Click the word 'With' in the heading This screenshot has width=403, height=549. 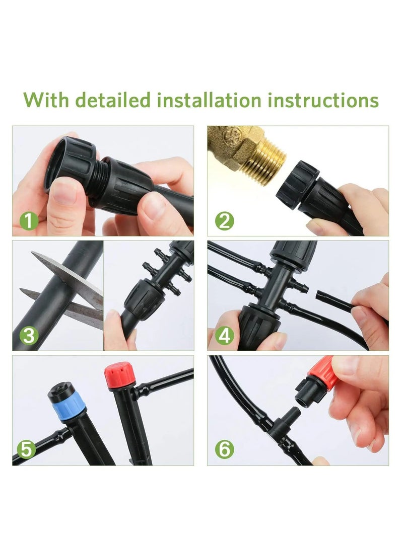click(46, 100)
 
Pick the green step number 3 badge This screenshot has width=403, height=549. click(29, 335)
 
